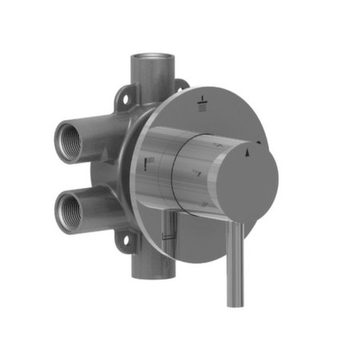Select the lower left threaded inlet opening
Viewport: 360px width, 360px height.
pyautogui.click(x=68, y=210)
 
